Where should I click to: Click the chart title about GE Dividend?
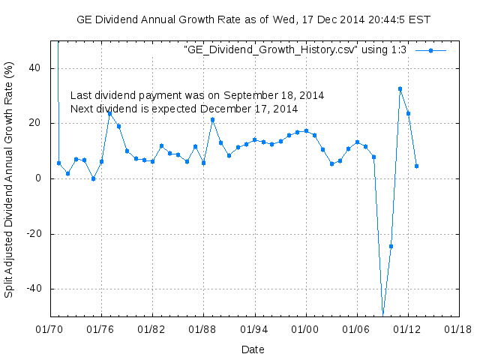[x=253, y=19]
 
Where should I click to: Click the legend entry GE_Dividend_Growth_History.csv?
[x=295, y=49]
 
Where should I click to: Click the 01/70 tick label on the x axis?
[x=50, y=328]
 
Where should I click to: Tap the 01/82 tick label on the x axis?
[x=152, y=328]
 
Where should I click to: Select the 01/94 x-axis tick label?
[x=254, y=328]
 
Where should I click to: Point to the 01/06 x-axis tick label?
[x=356, y=328]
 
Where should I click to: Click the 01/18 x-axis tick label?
[x=457, y=328]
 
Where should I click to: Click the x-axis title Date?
[x=253, y=349]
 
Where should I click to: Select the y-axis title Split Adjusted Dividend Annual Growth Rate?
[x=10, y=179]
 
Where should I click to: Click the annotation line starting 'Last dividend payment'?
[x=197, y=96]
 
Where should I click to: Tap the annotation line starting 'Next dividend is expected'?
[x=184, y=109]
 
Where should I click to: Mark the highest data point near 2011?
[x=400, y=88]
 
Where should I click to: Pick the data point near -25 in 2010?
[x=391, y=246]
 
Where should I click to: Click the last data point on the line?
[x=416, y=166]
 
